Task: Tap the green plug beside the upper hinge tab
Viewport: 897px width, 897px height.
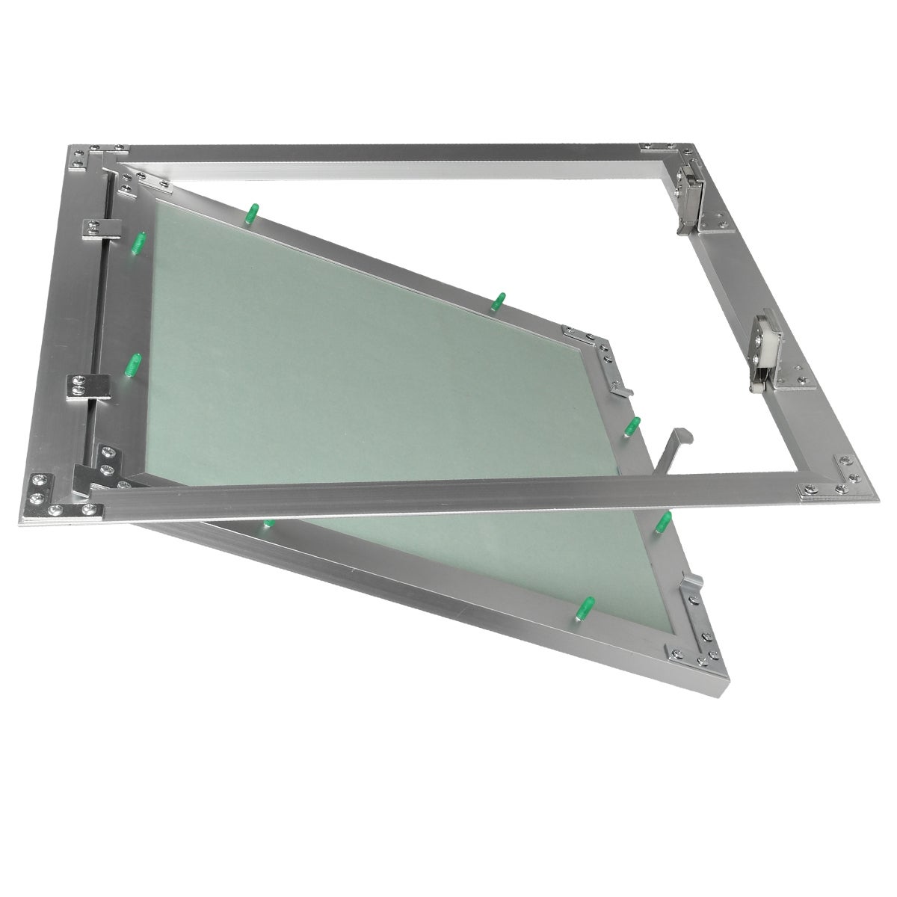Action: pyautogui.click(x=138, y=242)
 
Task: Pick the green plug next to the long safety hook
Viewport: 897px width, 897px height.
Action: pyautogui.click(x=632, y=426)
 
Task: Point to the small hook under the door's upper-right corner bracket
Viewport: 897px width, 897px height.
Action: pyautogui.click(x=620, y=386)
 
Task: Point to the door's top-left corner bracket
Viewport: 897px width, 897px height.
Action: pyautogui.click(x=138, y=179)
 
